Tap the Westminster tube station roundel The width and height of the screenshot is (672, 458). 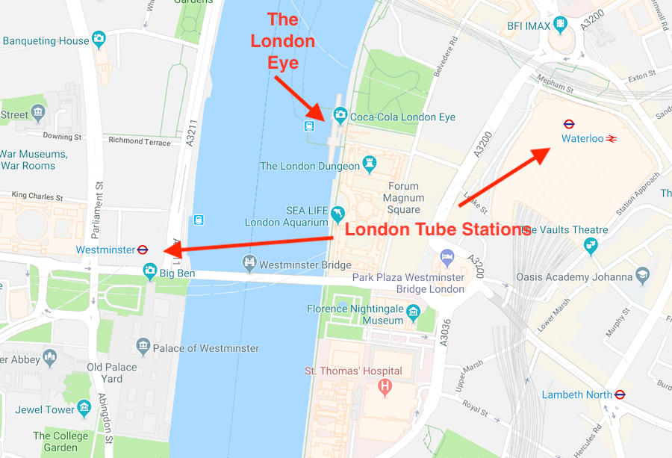point(143,250)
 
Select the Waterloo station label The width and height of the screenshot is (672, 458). point(582,138)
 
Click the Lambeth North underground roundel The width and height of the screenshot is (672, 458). point(619,394)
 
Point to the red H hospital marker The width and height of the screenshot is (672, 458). point(385,386)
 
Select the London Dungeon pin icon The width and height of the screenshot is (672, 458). point(369,163)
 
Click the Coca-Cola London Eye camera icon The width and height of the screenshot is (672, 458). point(340,116)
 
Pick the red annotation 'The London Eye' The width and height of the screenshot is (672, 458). point(283,41)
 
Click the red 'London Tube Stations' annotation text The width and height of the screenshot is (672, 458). point(438,230)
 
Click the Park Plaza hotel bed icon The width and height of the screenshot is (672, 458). point(447,257)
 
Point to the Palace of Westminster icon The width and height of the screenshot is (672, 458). point(143,346)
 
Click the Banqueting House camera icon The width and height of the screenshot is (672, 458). point(99,39)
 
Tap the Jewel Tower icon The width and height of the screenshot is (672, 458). point(85,409)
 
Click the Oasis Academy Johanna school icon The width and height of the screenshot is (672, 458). point(642,276)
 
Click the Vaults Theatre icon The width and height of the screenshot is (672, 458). point(591,244)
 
